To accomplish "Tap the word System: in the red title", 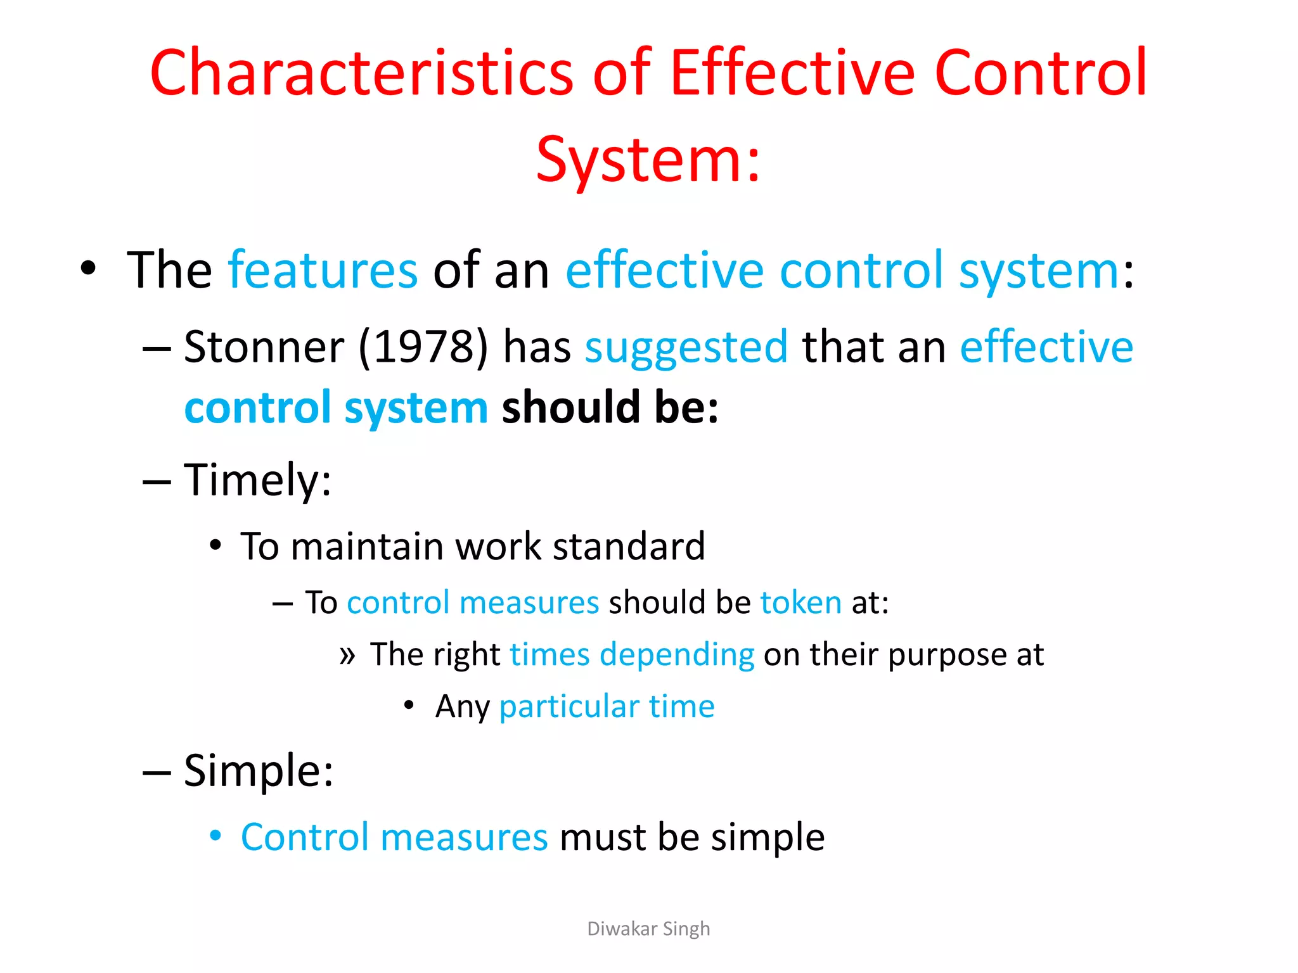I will tap(648, 160).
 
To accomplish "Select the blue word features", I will tap(323, 270).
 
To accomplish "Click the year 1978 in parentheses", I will tap(423, 347).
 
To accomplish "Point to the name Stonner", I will tap(264, 347).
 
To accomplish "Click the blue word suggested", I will tap(686, 347).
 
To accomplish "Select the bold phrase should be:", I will tap(610, 407).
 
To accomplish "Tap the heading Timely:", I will tap(257, 480).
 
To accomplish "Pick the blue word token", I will tap(800, 602).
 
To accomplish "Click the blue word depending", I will tap(676, 654).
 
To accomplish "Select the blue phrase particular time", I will tap(607, 706).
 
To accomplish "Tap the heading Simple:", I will tap(258, 771).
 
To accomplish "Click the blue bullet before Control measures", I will tap(215, 836).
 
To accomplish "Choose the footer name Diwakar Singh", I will tap(648, 929).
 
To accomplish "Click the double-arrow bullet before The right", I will tap(347, 655).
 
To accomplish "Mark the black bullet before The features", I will tap(88, 269).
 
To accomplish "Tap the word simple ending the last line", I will tap(767, 837).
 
